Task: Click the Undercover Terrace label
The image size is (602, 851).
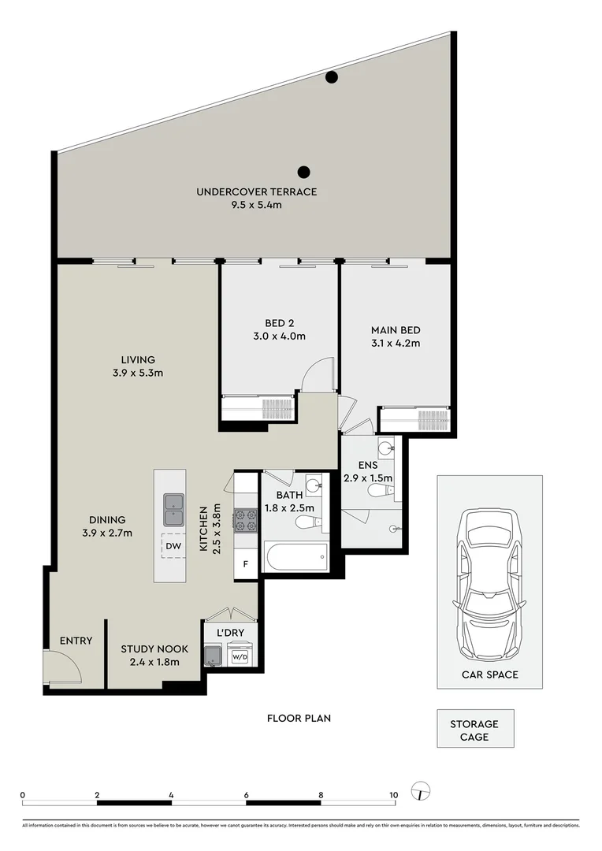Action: pos(256,191)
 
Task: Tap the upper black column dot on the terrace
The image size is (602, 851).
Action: pos(331,77)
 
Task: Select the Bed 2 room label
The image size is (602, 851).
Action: pos(280,324)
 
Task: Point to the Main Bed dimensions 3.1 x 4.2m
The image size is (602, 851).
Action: pos(396,343)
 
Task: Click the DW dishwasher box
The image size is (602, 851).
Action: pos(173,547)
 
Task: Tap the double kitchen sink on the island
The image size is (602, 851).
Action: pos(174,510)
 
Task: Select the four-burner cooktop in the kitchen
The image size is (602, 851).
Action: pos(245,519)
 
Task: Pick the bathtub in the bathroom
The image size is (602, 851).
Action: pos(295,556)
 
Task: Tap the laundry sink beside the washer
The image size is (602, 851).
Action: pos(214,655)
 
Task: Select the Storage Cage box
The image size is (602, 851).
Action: pos(475,728)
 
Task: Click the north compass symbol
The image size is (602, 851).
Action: pos(422,791)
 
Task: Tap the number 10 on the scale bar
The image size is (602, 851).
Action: pos(393,795)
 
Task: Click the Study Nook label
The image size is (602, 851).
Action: pos(154,649)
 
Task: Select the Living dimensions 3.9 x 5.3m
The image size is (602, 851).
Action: pos(138,373)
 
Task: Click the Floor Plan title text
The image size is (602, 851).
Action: pos(299,718)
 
